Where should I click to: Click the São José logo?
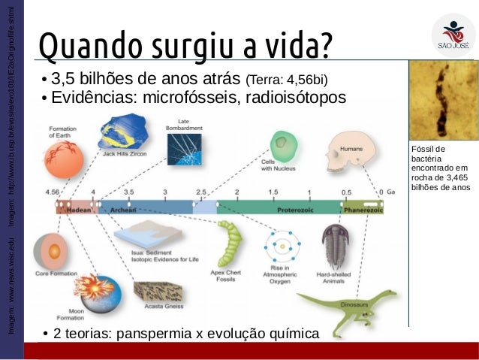pos(453,34)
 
